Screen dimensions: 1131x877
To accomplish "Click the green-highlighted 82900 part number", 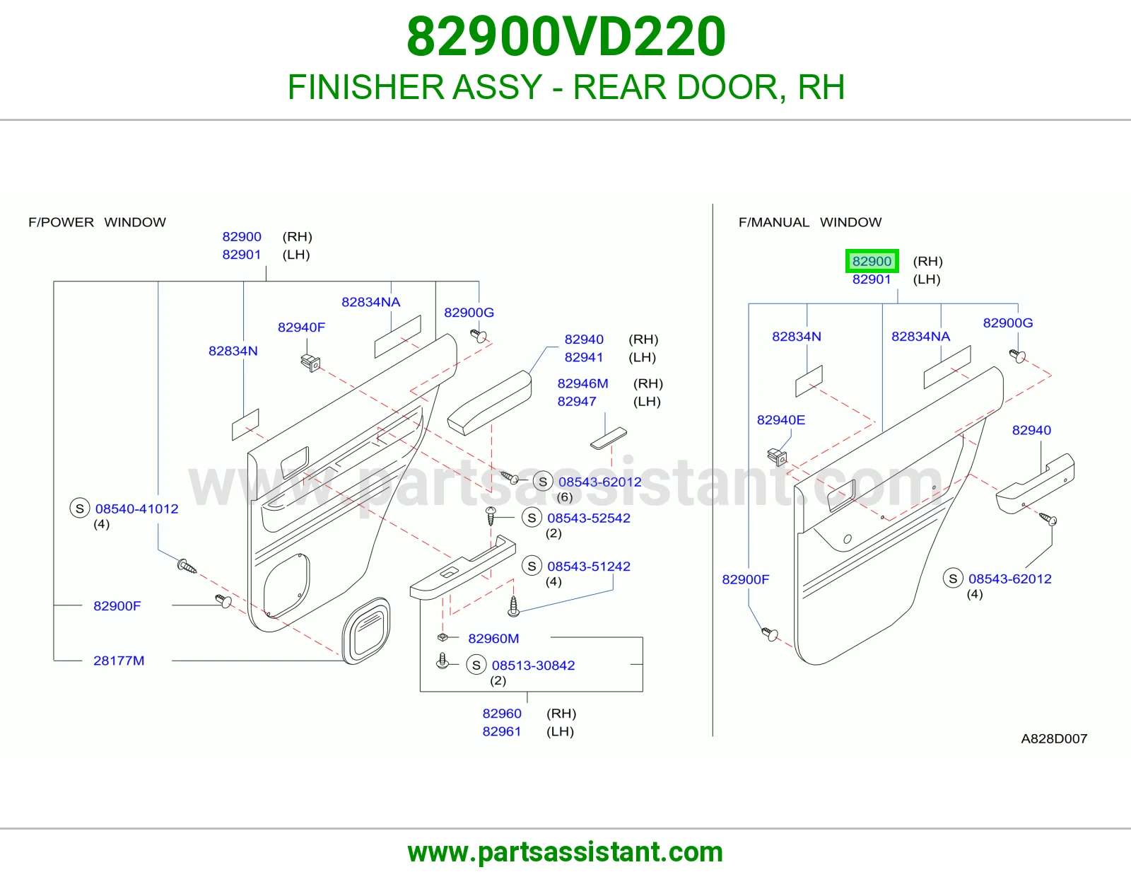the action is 872,261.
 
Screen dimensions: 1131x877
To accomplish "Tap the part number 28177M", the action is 119,661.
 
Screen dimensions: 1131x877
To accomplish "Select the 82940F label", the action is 301,327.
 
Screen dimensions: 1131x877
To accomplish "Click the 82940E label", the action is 780,419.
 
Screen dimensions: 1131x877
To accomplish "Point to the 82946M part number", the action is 582,383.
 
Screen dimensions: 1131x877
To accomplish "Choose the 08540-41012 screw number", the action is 136,509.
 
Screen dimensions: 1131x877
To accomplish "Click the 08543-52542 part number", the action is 589,518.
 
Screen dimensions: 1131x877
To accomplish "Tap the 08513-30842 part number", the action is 533,665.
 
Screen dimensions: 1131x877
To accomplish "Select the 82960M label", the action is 493,639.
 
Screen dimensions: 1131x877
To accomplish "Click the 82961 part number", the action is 502,731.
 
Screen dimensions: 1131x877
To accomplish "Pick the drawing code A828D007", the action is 1054,738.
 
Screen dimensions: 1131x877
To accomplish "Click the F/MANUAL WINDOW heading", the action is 810,222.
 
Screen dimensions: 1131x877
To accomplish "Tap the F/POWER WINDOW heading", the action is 97,222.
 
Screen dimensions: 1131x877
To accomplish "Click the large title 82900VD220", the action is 565,37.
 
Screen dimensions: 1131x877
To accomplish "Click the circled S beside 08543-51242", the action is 532,566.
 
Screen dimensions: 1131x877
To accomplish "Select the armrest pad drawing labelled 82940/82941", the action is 489,402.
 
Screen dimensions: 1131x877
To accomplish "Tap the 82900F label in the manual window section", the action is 745,579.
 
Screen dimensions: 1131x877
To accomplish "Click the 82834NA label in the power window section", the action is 370,302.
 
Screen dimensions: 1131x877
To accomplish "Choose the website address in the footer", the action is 565,852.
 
